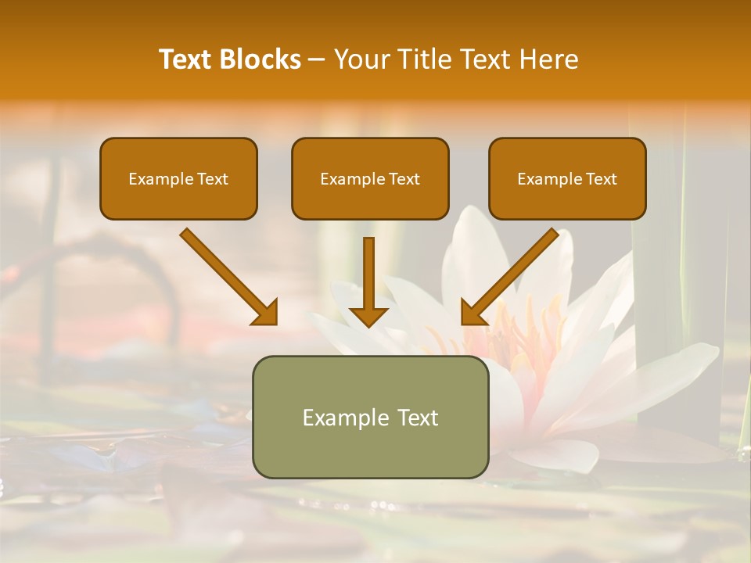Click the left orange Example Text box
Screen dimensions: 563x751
point(178,179)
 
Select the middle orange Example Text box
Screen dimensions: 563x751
point(370,179)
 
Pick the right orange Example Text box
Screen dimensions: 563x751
point(567,179)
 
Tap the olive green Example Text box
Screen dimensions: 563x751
point(370,417)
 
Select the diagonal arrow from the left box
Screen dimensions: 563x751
point(227,275)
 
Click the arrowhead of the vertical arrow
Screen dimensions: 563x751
point(368,315)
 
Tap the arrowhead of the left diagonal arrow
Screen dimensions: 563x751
point(266,313)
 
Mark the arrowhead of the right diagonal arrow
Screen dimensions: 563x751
point(473,313)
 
